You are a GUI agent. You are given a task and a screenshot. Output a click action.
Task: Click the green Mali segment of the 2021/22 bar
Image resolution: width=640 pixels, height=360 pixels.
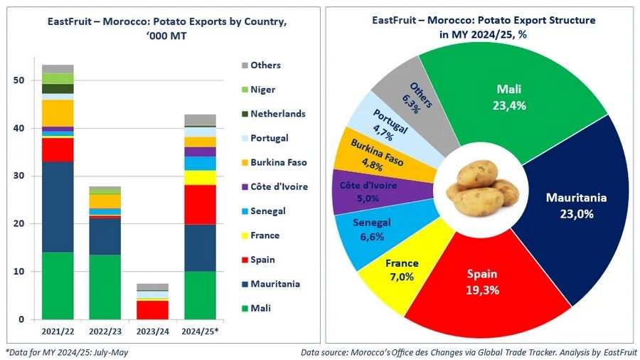point(58,285)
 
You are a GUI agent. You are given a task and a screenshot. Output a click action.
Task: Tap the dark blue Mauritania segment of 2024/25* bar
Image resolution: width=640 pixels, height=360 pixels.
point(200,248)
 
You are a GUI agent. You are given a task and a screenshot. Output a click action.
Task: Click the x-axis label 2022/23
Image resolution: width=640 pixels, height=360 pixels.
point(105,332)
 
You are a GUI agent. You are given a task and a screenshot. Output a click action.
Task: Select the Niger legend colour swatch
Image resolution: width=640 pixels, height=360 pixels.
point(245,90)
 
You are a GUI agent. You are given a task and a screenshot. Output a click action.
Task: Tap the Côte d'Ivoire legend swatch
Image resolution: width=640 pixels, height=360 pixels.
point(245,186)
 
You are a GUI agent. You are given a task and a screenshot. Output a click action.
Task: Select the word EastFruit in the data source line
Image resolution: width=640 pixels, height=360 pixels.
point(620,352)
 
